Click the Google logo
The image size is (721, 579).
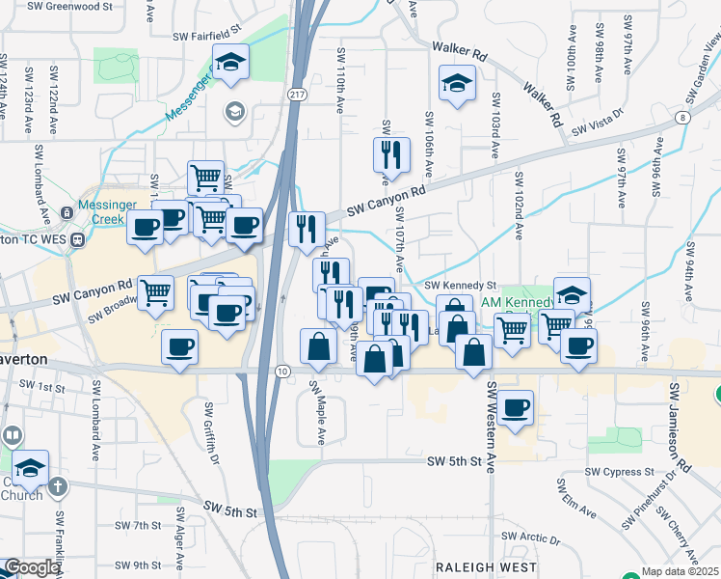[32, 567]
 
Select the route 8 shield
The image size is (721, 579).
[682, 117]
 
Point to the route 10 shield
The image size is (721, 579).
[281, 371]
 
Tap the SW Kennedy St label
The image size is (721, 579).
[460, 286]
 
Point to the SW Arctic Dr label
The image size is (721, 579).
[531, 538]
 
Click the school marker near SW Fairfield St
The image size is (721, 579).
[230, 63]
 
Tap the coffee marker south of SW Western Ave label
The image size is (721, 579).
[516, 408]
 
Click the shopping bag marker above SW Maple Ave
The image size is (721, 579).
[319, 346]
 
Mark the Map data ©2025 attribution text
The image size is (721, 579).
[679, 571]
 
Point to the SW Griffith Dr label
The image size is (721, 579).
[210, 433]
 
